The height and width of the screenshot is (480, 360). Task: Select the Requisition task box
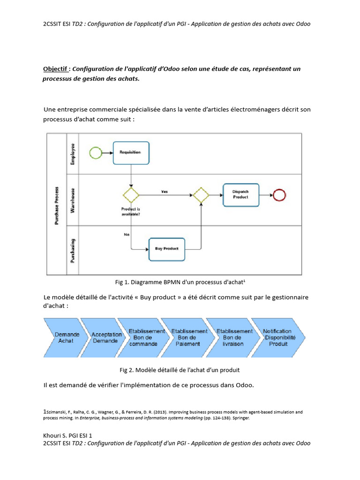click(x=131, y=152)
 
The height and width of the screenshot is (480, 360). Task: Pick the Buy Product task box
click(x=166, y=248)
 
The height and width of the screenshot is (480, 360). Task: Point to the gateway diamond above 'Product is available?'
click(x=131, y=195)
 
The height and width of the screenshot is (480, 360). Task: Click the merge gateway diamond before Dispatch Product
click(x=201, y=195)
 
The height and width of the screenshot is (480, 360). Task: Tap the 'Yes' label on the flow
click(x=165, y=191)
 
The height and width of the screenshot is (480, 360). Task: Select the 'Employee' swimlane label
click(x=73, y=154)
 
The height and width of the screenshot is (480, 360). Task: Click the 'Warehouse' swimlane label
click(x=73, y=201)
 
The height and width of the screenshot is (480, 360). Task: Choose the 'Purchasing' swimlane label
click(x=73, y=251)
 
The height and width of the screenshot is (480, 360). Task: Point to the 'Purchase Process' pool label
click(x=57, y=204)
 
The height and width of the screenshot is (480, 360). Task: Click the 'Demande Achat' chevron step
click(x=66, y=337)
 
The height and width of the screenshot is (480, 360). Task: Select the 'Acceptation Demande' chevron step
click(x=104, y=337)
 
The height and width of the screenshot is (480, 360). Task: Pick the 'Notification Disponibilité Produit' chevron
click(x=277, y=337)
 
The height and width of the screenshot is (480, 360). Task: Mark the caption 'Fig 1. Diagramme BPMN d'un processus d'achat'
click(x=180, y=282)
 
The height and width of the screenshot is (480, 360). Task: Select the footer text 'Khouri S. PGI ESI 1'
click(x=67, y=435)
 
